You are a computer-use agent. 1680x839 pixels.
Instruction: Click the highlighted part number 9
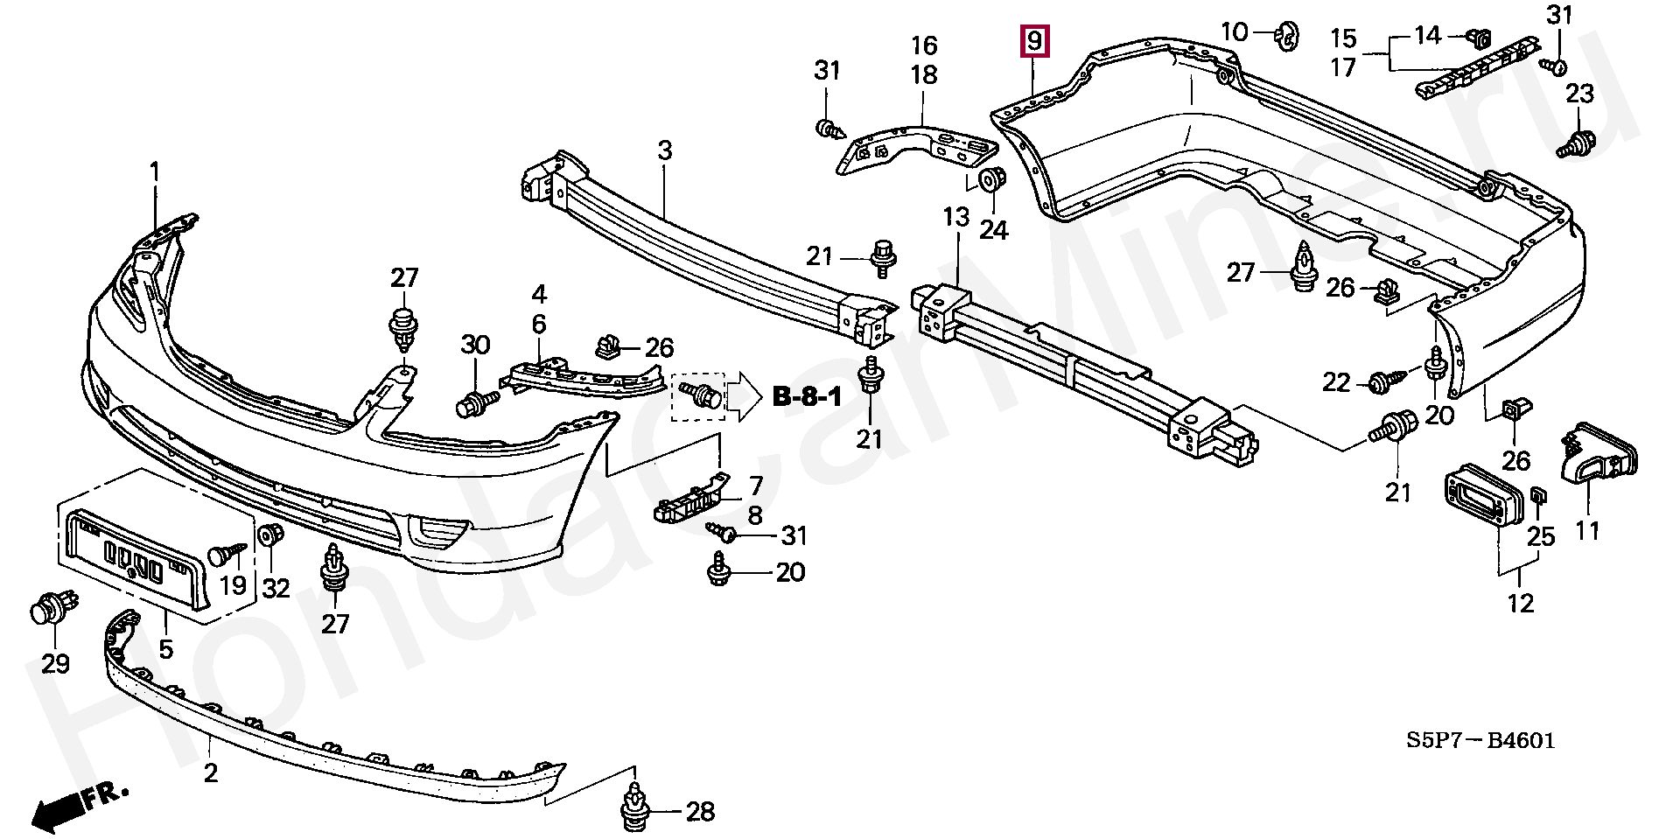(x=1034, y=41)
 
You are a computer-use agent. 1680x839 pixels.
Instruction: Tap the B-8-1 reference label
(x=807, y=398)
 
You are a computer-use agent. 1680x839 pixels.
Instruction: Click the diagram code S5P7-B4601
(x=1480, y=741)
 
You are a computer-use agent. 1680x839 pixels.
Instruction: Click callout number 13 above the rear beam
(x=956, y=216)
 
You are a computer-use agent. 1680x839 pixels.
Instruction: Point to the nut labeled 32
(x=273, y=534)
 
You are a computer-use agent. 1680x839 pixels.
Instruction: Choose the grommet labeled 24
(x=991, y=178)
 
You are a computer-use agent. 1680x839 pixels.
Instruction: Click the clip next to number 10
(x=1286, y=35)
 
